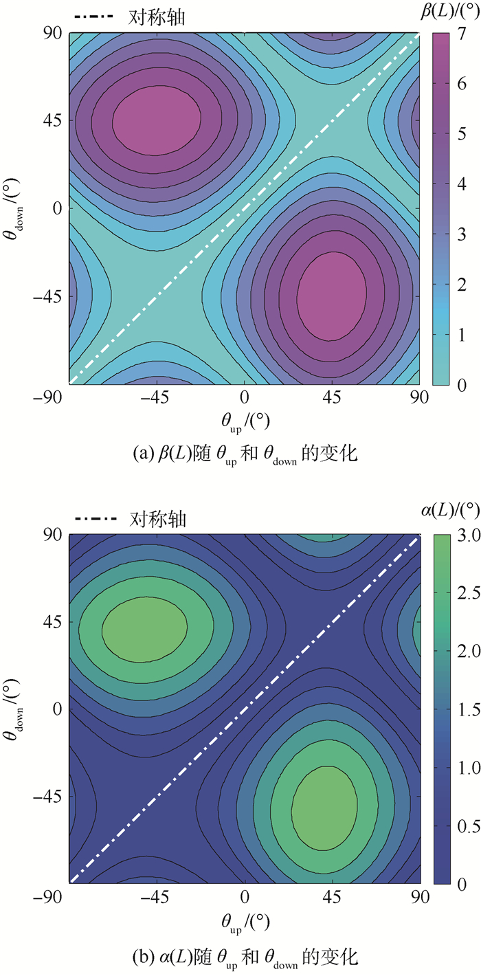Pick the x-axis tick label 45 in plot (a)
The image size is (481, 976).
click(x=332, y=397)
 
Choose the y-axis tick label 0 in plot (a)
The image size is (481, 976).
click(x=58, y=208)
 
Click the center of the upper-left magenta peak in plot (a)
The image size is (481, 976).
click(x=157, y=118)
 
